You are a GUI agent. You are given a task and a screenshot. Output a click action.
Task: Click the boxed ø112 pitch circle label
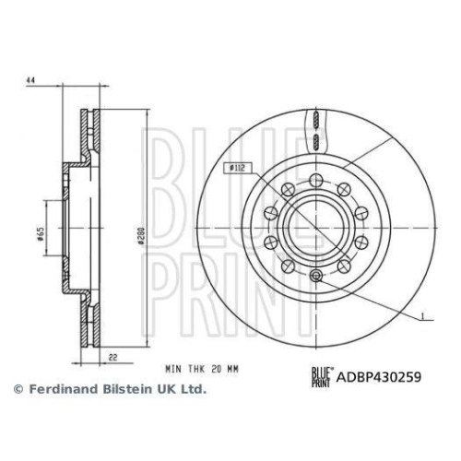[x=236, y=167]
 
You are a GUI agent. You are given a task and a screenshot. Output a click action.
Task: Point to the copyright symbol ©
[x=18, y=389]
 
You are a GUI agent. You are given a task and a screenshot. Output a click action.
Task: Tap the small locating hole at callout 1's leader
[x=315, y=276]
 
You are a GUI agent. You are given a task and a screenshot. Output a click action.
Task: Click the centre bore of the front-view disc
[x=315, y=228]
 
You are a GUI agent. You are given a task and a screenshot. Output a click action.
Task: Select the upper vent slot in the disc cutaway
[x=315, y=120]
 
